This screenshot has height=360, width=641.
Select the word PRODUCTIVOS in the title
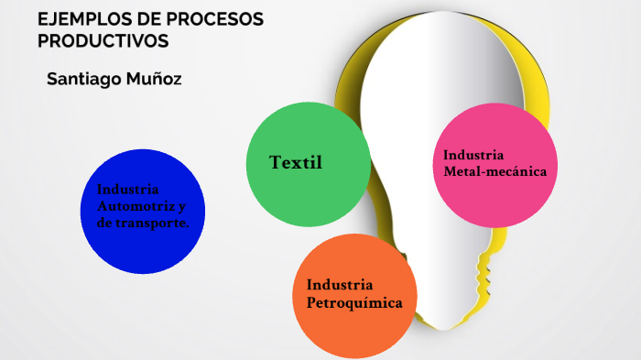coord(103,41)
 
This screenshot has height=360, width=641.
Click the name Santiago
coord(84,80)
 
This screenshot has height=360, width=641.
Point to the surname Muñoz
coord(154,79)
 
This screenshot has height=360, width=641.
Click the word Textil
coord(296,162)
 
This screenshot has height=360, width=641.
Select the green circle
coord(309,165)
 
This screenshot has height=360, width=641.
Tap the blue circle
coord(143,212)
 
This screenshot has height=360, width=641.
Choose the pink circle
coord(495,165)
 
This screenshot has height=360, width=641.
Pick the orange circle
coord(354,296)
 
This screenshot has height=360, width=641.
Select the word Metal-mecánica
coord(495,171)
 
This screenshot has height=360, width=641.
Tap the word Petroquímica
coord(354,303)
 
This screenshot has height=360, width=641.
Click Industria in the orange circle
coord(340,285)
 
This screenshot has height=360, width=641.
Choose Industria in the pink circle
coord(473,155)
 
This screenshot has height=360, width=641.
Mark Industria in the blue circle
coord(127,190)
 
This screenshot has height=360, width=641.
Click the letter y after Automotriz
coord(182,207)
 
